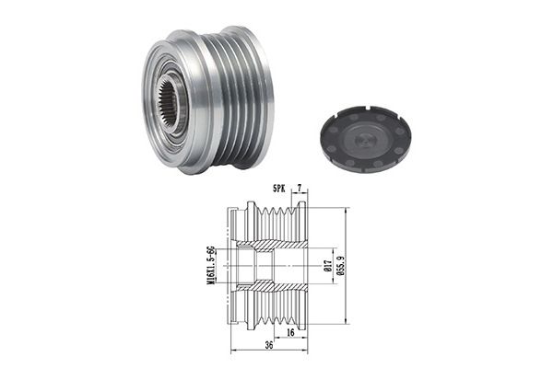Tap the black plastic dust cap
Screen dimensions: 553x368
[x=365, y=138]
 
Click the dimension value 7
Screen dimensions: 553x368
[x=300, y=189]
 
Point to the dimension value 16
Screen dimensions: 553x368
[x=290, y=332]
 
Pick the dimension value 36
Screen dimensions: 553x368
[x=269, y=345]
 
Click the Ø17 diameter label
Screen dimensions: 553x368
[x=327, y=266]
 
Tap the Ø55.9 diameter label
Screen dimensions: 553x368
[x=341, y=266]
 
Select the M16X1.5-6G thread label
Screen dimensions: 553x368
[x=210, y=266]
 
